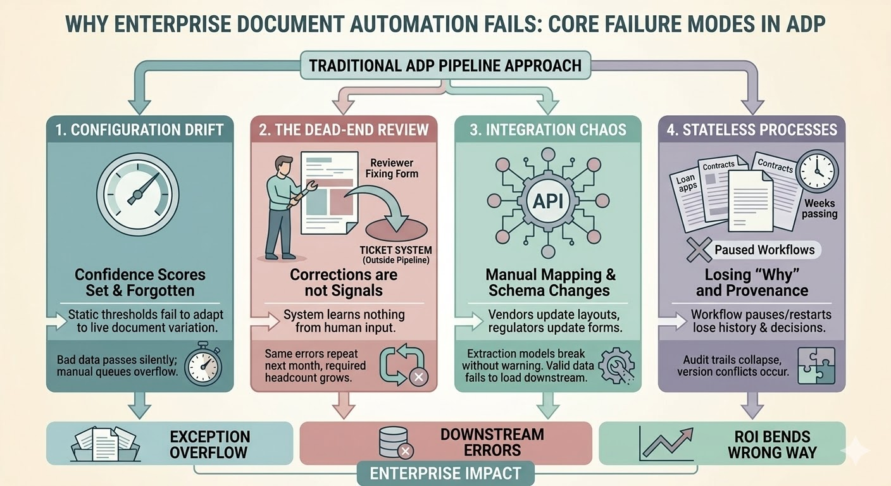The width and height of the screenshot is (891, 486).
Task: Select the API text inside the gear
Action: click(x=548, y=202)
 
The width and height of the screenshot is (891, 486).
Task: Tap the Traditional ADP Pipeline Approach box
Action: click(x=445, y=66)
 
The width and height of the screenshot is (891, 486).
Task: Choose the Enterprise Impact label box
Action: click(x=445, y=473)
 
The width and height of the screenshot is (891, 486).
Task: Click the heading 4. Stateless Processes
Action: click(x=752, y=130)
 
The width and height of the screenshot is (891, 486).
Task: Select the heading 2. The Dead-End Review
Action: click(x=344, y=130)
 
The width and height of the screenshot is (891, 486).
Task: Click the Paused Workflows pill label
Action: click(x=764, y=250)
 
